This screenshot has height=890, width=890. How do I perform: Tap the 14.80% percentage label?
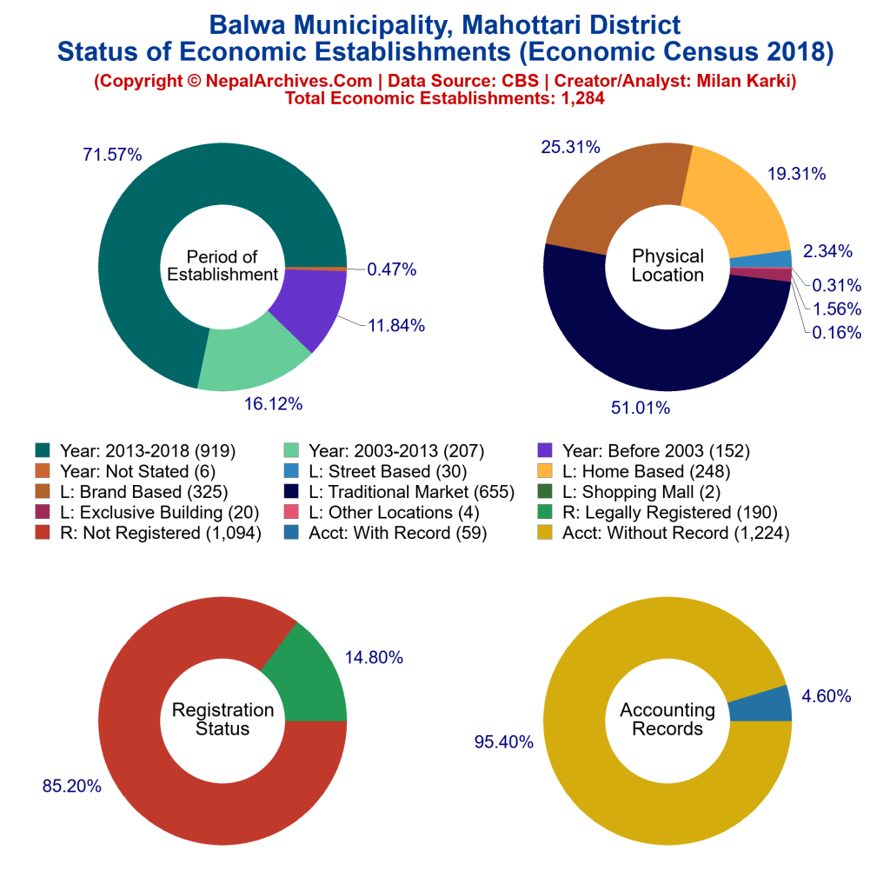coord(374,658)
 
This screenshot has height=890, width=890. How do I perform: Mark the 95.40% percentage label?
coord(503,741)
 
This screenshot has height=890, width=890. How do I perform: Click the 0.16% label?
coord(837,332)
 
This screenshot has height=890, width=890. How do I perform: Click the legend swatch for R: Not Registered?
coord(42,533)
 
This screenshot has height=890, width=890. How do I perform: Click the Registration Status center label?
coord(222,720)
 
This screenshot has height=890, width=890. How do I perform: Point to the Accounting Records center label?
coord(667,720)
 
